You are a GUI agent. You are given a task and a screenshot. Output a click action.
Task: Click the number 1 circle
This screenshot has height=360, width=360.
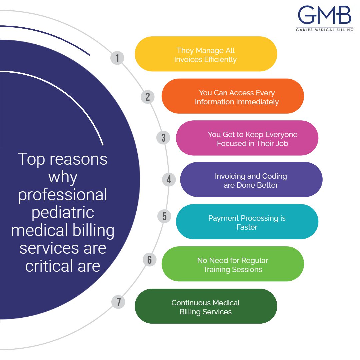pyautogui.click(x=117, y=58)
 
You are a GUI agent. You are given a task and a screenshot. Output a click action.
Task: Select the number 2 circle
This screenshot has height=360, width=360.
pyautogui.click(x=148, y=97)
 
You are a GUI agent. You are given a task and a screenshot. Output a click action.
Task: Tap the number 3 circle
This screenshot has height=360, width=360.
pyautogui.click(x=163, y=137)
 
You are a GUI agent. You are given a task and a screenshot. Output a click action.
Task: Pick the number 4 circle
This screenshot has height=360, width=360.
pyautogui.click(x=169, y=180)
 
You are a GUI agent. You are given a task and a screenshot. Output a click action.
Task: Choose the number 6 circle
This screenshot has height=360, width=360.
pyautogui.click(x=149, y=259)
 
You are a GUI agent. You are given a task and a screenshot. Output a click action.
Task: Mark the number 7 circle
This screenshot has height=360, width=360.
pyautogui.click(x=118, y=302)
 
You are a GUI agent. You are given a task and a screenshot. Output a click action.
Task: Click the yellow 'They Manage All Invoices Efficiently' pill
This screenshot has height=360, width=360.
pyautogui.click(x=206, y=54)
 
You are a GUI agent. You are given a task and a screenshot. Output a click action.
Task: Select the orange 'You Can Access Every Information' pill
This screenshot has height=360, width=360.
pyautogui.click(x=233, y=96)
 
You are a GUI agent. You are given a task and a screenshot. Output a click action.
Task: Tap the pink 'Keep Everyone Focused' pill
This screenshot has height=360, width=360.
pyautogui.click(x=247, y=138)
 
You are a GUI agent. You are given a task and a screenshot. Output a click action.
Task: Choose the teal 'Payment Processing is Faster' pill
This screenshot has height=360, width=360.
pyautogui.click(x=247, y=222)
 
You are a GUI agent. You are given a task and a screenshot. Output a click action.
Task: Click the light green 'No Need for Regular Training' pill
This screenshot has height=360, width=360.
pyautogui.click(x=233, y=264)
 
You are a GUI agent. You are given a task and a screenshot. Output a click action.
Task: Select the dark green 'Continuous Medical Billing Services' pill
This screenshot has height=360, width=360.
pyautogui.click(x=206, y=306)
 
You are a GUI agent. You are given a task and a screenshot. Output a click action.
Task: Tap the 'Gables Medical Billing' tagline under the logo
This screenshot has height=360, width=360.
pyautogui.click(x=324, y=30)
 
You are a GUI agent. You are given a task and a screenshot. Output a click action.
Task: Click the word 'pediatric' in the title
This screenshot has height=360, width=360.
pyautogui.click(x=63, y=212)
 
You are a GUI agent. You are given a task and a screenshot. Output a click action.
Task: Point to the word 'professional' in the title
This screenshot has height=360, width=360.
pyautogui.click(x=63, y=195)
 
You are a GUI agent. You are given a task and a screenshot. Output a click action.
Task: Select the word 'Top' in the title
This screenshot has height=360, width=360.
pyautogui.click(x=31, y=159)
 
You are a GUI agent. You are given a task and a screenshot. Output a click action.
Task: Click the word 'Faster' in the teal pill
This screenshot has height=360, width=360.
pyautogui.click(x=247, y=227)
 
